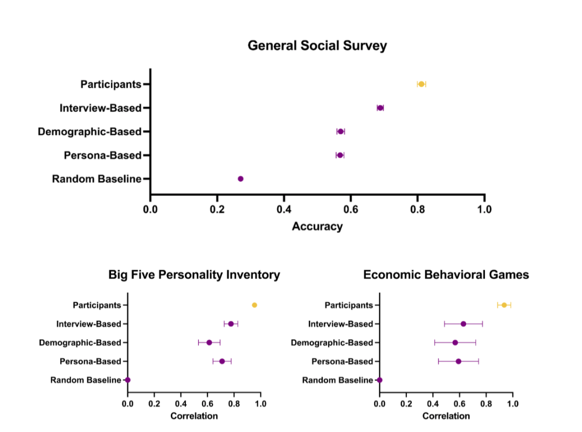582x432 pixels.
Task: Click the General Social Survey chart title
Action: [x=317, y=46]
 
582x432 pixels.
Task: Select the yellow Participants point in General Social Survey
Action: [x=421, y=84]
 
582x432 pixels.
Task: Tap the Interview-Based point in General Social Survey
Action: [x=380, y=108]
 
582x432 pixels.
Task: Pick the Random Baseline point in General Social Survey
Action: [x=240, y=179]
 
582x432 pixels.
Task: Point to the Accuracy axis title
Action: [x=317, y=227]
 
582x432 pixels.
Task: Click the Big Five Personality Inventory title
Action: [x=194, y=275]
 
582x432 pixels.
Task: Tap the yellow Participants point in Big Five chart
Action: [x=254, y=305]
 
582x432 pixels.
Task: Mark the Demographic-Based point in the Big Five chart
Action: [x=209, y=342]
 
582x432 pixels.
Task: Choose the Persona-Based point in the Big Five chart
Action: [x=222, y=361]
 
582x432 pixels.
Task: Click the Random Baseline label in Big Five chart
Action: [x=86, y=380]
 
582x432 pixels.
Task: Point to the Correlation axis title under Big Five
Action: [x=194, y=416]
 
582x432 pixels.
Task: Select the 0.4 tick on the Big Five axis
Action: [x=181, y=403]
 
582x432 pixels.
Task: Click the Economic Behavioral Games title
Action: [x=446, y=275]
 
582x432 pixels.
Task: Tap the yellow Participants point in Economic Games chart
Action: [x=504, y=305]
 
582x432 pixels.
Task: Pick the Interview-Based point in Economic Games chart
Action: [x=463, y=324]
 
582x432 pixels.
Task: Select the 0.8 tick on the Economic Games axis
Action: [x=486, y=403]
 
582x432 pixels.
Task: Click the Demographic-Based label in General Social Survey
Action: [x=89, y=132]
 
